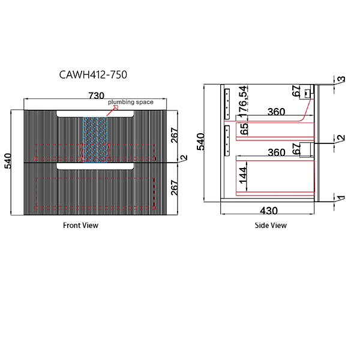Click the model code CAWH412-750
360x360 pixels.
coord(93,75)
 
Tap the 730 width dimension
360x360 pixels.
coord(97,95)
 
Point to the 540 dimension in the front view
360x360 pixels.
coord(8,162)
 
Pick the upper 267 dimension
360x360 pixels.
coord(174,136)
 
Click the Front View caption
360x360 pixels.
coord(80,226)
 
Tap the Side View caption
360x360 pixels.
coord(271,226)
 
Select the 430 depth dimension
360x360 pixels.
coord(268,211)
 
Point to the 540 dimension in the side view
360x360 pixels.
coord(202,142)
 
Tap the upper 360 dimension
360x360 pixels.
coord(276,112)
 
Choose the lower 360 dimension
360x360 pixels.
coord(276,152)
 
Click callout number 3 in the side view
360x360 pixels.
coord(340,80)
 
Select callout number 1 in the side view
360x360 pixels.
coord(340,199)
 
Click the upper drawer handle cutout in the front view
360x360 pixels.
coord(95,113)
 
